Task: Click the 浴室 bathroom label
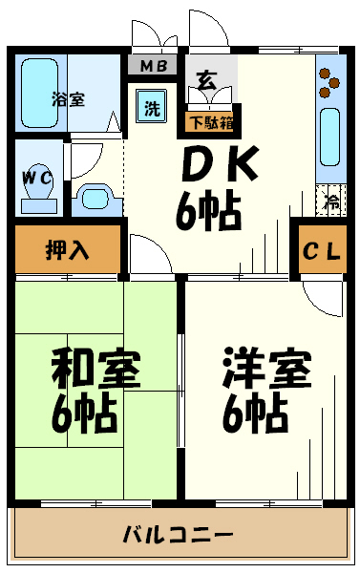[x=68, y=98]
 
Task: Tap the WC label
[x=38, y=177]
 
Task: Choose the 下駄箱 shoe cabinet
[x=212, y=121]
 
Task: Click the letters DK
[x=220, y=168]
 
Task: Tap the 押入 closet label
[x=68, y=251]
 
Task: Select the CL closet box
[x=322, y=251]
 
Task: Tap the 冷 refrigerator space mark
[x=331, y=202]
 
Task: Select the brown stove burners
[x=329, y=81]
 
